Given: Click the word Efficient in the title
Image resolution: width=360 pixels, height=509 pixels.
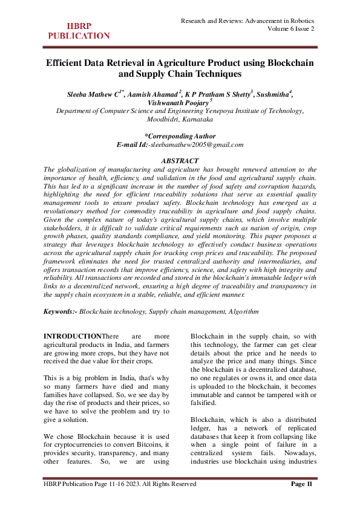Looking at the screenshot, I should tap(68, 63).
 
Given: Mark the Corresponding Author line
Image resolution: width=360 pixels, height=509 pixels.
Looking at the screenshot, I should tap(180, 136).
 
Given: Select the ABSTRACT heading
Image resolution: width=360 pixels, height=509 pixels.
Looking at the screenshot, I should tap(180, 161).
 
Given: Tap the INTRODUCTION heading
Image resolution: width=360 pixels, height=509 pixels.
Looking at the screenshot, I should tap(73, 336).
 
